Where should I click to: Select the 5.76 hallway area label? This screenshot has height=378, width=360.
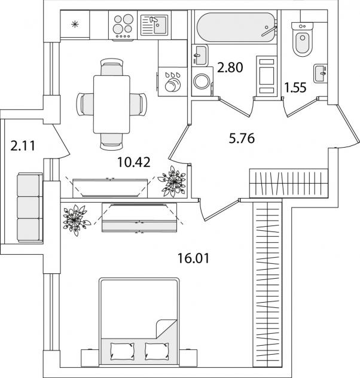(x=242, y=140)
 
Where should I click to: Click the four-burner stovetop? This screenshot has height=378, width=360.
(x=122, y=26)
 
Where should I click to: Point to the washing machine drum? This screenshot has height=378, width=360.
(x=203, y=80)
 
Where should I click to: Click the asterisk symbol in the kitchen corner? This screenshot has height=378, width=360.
(x=75, y=25)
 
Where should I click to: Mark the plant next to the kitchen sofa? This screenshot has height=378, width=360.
(x=174, y=179)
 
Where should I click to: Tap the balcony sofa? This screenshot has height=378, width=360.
(x=28, y=206)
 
